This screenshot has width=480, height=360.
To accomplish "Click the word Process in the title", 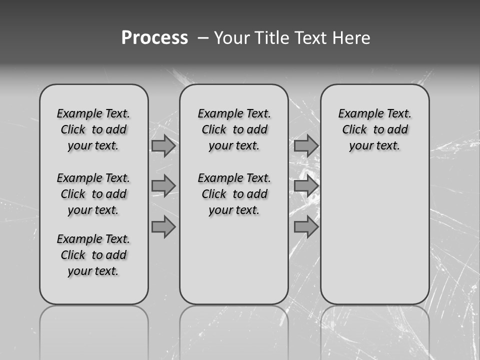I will click(154, 38).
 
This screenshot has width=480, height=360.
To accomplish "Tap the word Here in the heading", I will click(351, 38).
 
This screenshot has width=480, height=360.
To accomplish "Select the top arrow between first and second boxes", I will click(163, 145).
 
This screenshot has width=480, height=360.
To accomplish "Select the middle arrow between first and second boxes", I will click(163, 186).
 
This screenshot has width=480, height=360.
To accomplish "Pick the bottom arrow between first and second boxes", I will click(163, 227).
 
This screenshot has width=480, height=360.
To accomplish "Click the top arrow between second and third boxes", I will click(306, 145).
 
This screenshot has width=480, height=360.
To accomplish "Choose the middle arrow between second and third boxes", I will click(306, 186).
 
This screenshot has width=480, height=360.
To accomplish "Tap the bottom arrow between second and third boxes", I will click(306, 227).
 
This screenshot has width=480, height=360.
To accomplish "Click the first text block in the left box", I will click(93, 129).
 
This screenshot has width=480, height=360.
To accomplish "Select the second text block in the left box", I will click(93, 194).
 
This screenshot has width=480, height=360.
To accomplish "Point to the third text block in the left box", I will click(93, 255).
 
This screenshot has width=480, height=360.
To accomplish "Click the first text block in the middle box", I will click(234, 129).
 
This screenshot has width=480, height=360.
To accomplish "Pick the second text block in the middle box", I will click(234, 194).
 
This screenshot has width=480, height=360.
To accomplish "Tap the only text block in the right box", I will click(374, 129).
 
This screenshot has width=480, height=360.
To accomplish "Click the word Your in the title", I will click(231, 38).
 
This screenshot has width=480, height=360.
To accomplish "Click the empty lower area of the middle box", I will click(234, 260).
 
